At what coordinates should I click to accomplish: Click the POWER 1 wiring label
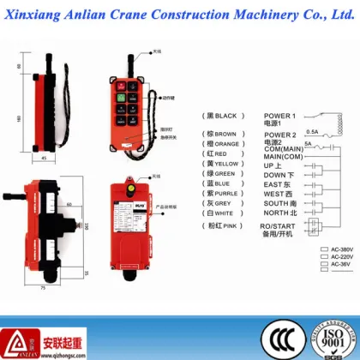280,115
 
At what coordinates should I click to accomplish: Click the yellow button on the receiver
131,189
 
